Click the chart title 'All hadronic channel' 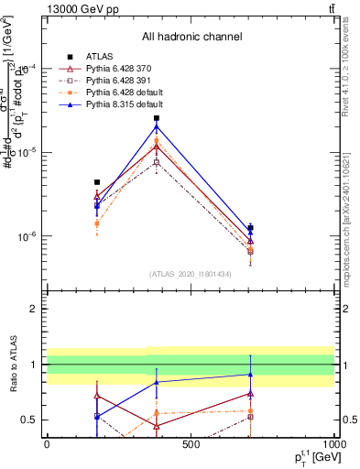[191, 37]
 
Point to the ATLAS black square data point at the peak [157, 118]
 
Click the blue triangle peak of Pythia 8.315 [157, 126]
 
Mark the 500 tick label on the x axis [191, 444]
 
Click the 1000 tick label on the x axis [334, 444]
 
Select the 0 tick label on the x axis [47, 444]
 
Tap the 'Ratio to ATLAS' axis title [12, 384]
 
